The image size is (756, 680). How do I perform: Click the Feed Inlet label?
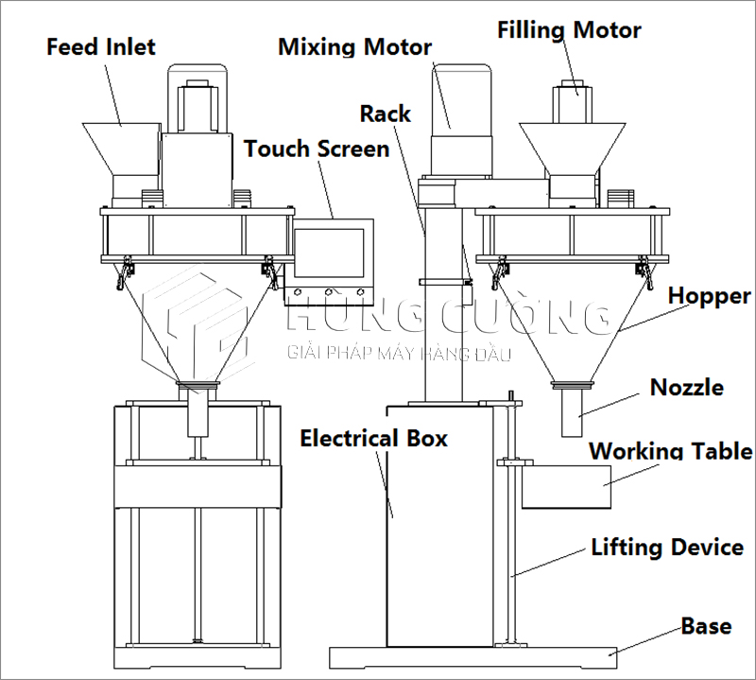pyautogui.click(x=101, y=45)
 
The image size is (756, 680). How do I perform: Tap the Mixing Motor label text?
pyautogui.click(x=354, y=46)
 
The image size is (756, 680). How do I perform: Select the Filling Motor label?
pyautogui.click(x=569, y=30)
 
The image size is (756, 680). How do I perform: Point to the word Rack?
pyautogui.click(x=386, y=114)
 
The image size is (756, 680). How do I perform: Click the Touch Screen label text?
pyautogui.click(x=317, y=148)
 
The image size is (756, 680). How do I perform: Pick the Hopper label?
pyautogui.click(x=709, y=296)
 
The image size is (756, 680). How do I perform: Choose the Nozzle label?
pyautogui.click(x=687, y=387)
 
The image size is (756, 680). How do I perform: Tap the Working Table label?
pyautogui.click(x=671, y=450)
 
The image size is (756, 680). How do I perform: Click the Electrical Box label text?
pyautogui.click(x=374, y=438)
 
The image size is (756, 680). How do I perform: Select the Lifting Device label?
pyautogui.click(x=667, y=547)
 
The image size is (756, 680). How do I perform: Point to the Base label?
pyautogui.click(x=706, y=626)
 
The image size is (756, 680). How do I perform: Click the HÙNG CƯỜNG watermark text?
pyautogui.click(x=444, y=317)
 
